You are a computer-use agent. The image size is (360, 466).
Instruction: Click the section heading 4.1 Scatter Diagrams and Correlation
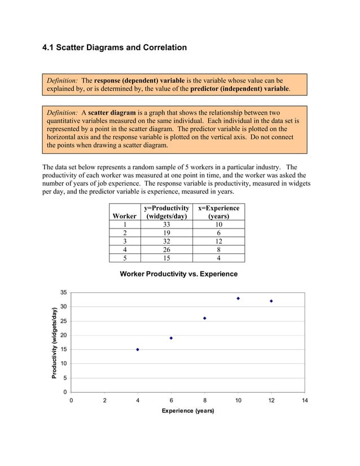(x=115, y=47)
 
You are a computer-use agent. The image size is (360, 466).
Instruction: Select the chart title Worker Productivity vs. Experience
(x=178, y=274)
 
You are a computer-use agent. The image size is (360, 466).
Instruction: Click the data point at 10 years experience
(x=238, y=298)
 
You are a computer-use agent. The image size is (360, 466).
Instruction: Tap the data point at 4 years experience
(x=138, y=350)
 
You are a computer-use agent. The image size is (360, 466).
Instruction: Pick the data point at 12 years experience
(x=271, y=301)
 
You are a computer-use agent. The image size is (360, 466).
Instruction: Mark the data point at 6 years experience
(x=171, y=338)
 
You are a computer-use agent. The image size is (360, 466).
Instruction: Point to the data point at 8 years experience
(x=205, y=318)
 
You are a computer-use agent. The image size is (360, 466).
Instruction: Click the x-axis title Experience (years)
(x=188, y=411)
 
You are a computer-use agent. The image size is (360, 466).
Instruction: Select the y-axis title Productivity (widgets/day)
(x=54, y=342)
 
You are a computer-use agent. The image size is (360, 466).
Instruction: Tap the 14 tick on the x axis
(x=305, y=401)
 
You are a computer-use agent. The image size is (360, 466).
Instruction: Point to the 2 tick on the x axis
(x=104, y=401)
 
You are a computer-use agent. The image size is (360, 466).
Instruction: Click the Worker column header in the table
(x=124, y=216)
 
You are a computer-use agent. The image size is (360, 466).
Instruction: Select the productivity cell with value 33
(x=166, y=225)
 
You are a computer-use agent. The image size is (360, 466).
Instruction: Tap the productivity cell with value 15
(x=166, y=258)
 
